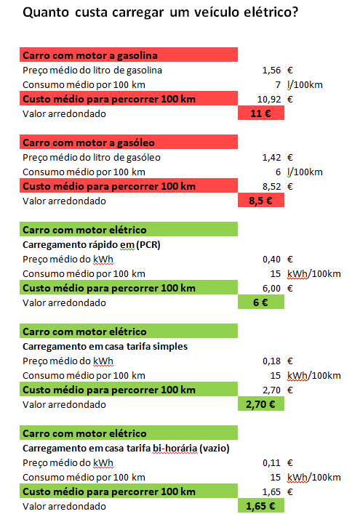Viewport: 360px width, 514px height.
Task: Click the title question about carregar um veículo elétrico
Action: [x=160, y=12]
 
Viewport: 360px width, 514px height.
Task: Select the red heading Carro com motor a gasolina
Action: [x=129, y=55]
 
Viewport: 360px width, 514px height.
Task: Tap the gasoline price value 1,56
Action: [x=271, y=70]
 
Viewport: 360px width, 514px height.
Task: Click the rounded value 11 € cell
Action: [x=261, y=113]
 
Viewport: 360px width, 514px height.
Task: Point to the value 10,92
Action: [x=269, y=100]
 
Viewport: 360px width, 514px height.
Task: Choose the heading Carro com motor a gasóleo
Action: [x=129, y=142]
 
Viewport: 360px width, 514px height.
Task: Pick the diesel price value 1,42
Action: [x=271, y=157]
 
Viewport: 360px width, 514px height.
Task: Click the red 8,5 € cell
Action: [x=261, y=200]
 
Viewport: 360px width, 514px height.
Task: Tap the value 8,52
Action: [x=271, y=187]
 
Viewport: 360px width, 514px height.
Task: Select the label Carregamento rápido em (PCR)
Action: [x=92, y=245]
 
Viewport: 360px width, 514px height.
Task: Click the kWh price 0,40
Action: [x=271, y=260]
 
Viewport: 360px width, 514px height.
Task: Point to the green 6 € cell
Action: [x=261, y=302]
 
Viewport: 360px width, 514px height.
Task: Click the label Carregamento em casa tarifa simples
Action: [x=105, y=347]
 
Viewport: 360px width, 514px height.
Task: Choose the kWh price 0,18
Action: [x=271, y=361]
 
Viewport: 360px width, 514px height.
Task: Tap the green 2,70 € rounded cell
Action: [x=261, y=404]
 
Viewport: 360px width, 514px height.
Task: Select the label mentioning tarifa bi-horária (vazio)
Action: [x=126, y=448]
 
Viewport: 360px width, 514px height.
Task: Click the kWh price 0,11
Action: [x=271, y=462]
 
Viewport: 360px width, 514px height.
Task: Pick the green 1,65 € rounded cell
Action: [x=261, y=505]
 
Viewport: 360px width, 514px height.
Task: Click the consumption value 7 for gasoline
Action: [x=278, y=85]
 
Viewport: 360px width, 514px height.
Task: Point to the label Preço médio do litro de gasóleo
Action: [x=92, y=157]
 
